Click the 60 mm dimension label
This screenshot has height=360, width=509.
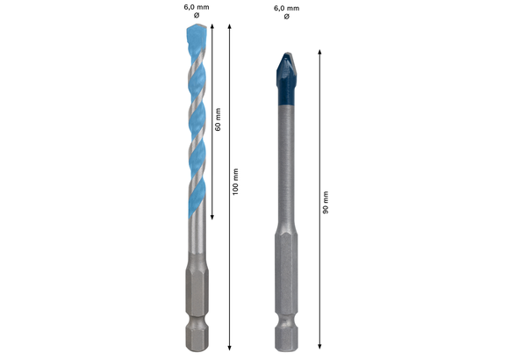coord(218,119)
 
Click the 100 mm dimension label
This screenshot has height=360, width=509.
coord(236,181)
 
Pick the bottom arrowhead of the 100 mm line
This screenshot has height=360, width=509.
coord(229,348)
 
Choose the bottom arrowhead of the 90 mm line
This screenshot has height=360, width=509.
coord(318,348)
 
